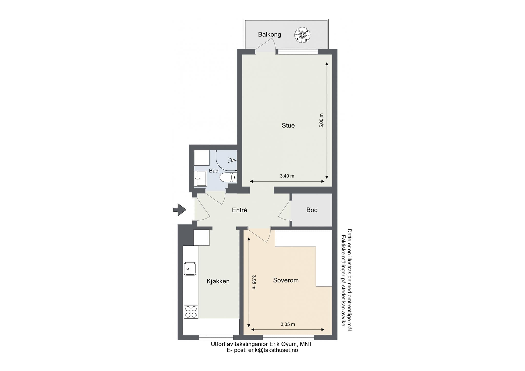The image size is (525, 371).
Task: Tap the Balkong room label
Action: (269, 34)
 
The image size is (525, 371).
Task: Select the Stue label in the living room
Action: (288, 125)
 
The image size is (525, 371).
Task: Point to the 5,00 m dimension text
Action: (321, 120)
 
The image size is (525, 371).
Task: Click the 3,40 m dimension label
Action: (287, 176)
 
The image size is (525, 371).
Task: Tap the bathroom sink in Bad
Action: (200, 179)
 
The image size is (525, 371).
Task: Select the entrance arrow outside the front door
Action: (180, 210)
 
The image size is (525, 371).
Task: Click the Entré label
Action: (239, 210)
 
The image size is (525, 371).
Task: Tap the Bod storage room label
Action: (312, 210)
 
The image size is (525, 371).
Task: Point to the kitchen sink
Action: (190, 269)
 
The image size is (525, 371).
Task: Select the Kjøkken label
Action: (218, 281)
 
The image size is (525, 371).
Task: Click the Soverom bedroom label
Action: (286, 280)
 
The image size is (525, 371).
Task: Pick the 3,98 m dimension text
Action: (254, 282)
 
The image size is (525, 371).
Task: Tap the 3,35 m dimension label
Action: (288, 324)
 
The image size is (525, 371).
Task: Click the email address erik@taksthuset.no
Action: (273, 350)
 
